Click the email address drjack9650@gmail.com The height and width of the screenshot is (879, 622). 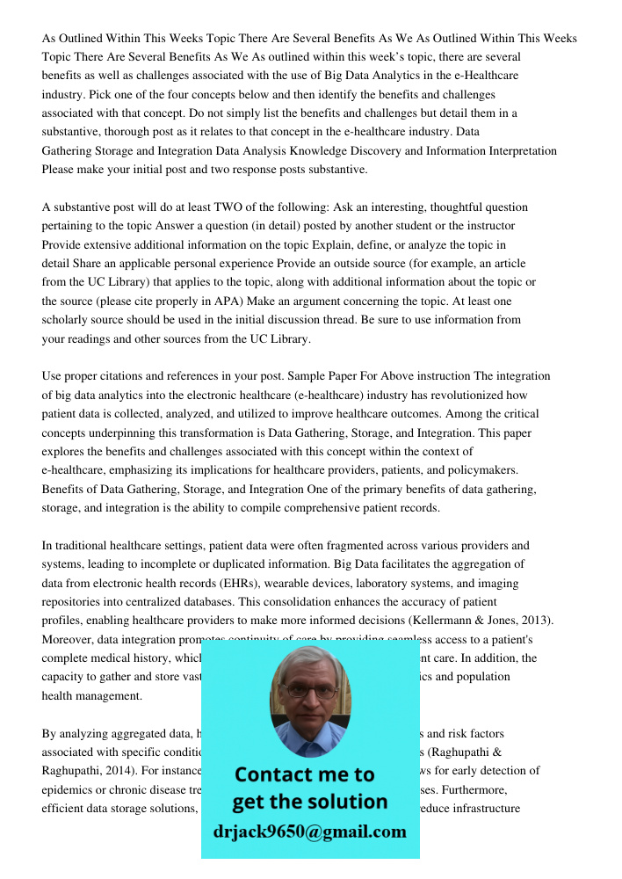pyautogui.click(x=309, y=832)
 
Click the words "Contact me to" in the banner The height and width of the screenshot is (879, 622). pyautogui.click(x=304, y=774)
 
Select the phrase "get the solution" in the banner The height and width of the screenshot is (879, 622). pyautogui.click(x=309, y=802)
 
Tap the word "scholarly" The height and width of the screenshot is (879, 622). pyautogui.click(x=69, y=320)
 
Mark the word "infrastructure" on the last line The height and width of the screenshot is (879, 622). pyautogui.click(x=493, y=808)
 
